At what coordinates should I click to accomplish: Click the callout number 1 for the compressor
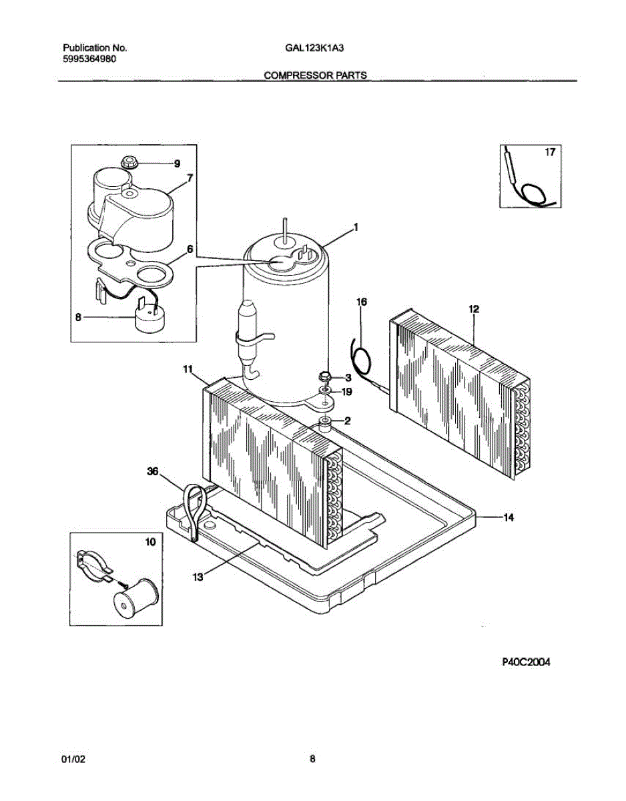tap(356, 228)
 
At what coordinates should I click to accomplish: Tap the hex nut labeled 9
tap(129, 162)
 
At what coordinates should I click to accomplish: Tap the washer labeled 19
tap(326, 390)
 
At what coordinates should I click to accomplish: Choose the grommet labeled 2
tap(326, 421)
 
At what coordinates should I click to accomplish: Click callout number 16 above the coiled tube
tap(361, 302)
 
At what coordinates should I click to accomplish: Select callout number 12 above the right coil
tap(474, 309)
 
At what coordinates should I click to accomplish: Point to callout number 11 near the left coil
tap(188, 368)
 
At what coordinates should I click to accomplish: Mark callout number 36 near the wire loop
tap(153, 472)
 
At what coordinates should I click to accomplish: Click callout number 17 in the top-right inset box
tap(549, 153)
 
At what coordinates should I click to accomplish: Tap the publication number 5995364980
tap(92, 59)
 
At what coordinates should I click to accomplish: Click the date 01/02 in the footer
tap(71, 759)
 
